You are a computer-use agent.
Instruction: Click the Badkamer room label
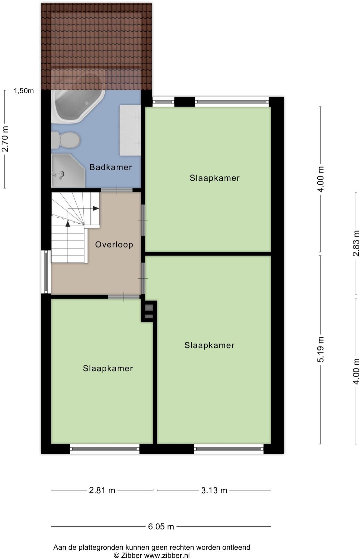coord(110,167)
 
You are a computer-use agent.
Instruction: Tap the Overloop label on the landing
coord(114,244)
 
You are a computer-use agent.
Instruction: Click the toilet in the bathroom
coord(65,140)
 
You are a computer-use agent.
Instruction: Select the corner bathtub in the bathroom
coord(78,106)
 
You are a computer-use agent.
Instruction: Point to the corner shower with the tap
coord(68,171)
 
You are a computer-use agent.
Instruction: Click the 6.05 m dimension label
coord(161,526)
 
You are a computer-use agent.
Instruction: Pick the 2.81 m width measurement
coord(102,490)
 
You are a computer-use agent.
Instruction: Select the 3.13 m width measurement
coord(214,490)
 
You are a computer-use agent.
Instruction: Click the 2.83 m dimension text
coord(356,243)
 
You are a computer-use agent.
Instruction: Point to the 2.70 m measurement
coord(5,139)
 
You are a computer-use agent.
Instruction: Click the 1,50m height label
coord(24,91)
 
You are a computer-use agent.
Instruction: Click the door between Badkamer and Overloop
coord(117,190)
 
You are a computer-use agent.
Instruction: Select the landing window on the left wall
coord(46,272)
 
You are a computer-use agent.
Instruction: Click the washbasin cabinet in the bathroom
coord(130,130)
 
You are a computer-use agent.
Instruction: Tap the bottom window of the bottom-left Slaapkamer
coord(104,449)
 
